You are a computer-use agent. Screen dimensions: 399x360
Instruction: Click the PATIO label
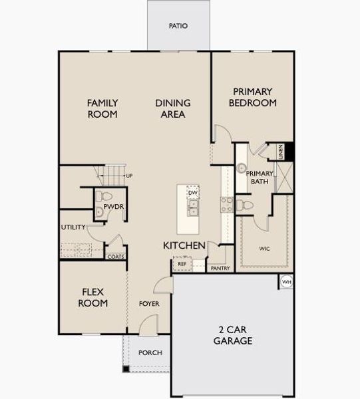pos(178,26)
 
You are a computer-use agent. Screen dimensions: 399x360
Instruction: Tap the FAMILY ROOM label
pos(102,108)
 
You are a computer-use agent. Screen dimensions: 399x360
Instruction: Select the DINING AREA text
pos(173,108)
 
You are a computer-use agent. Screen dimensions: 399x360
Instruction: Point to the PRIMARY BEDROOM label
pos(252,98)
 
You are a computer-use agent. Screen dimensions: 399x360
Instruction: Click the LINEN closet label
pos(281,152)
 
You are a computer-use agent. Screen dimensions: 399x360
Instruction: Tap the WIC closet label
pos(264,249)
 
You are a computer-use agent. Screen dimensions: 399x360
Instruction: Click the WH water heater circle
pos(286,282)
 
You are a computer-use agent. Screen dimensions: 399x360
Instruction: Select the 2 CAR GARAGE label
pos(232,336)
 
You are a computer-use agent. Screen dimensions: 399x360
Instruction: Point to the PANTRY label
pos(220,269)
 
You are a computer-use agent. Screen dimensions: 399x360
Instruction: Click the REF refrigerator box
pos(181,264)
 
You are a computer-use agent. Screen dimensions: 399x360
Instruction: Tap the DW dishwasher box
pos(192,193)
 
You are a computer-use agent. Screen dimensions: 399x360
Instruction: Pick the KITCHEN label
pos(184,246)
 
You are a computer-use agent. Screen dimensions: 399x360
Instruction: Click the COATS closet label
pos(116,256)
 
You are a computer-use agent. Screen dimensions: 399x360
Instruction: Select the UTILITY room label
pos(73,227)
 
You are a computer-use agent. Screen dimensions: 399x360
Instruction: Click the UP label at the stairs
pos(128,176)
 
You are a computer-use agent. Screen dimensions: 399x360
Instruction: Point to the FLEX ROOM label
pos(94,297)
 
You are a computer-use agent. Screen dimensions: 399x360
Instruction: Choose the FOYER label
pos(149,304)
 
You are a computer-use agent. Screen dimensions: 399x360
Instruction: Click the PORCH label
pos(150,352)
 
